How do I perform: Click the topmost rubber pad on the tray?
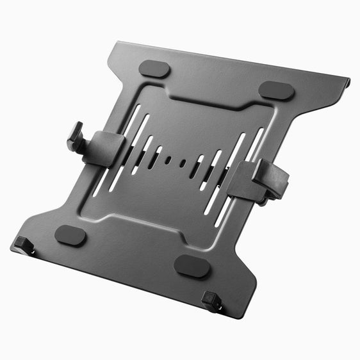tap(155, 69)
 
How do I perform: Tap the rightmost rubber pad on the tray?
tap(277, 90)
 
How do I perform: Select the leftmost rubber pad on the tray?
tap(70, 235)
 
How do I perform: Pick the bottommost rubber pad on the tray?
tap(192, 266)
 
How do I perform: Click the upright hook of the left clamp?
tap(76, 138)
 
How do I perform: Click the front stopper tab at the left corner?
tap(24, 245)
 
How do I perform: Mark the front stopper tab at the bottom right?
tap(211, 300)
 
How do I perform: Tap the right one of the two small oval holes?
tap(183, 164)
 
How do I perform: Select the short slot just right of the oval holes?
tap(199, 168)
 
